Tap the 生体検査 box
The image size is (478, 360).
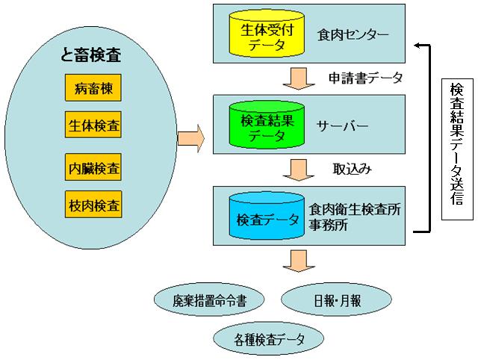tap(93, 125)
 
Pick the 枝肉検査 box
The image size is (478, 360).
tap(93, 202)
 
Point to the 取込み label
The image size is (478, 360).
tap(353, 170)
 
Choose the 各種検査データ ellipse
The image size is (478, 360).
tap(270, 339)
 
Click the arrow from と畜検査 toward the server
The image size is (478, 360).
tap(190, 137)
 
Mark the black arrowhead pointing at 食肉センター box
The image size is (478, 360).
tap(420, 46)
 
